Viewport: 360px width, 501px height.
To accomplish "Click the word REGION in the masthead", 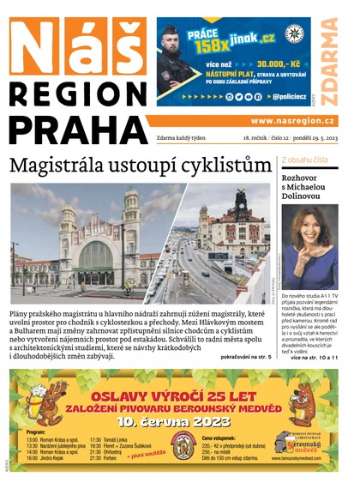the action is (x=75, y=93).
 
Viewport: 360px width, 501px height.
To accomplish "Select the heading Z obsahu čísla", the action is (x=303, y=161).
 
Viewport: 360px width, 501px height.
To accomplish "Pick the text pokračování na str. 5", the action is (x=246, y=356).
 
